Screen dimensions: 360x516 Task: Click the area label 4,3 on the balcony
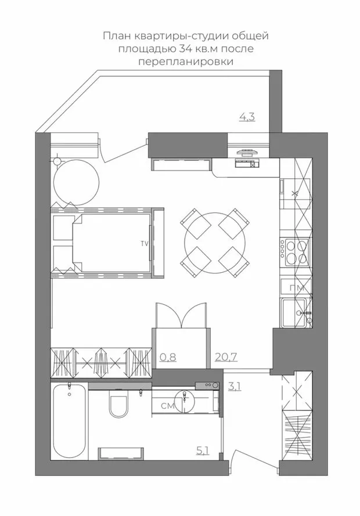[247, 117]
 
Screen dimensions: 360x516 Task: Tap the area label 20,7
[226, 357]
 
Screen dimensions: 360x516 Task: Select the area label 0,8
[168, 357]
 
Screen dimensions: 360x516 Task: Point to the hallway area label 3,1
[235, 386]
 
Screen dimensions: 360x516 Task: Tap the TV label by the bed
[144, 244]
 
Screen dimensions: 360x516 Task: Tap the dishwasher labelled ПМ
[296, 288]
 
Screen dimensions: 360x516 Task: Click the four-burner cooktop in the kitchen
[295, 251]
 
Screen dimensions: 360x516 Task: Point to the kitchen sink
[296, 313]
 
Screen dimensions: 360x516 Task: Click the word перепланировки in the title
[186, 62]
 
